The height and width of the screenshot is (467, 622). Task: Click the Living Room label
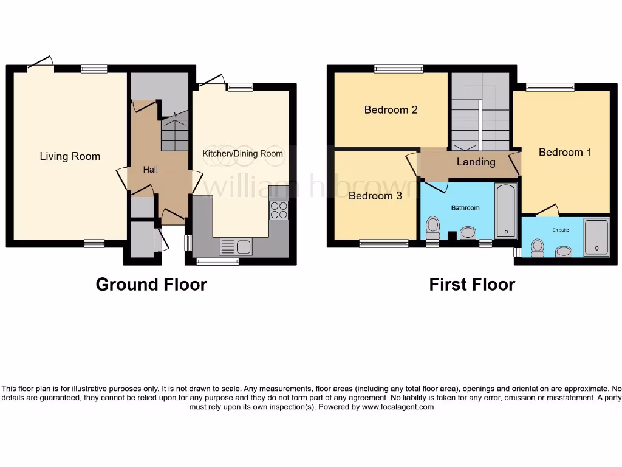(70, 156)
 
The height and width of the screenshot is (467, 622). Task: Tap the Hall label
(150, 170)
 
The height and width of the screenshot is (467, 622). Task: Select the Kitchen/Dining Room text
(243, 154)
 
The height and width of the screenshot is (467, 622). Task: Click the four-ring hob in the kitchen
(279, 210)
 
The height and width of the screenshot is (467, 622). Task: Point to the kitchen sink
(236, 247)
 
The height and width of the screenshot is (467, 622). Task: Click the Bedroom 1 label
(565, 152)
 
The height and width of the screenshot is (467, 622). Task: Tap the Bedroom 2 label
(391, 110)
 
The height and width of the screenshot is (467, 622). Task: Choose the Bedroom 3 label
(375, 196)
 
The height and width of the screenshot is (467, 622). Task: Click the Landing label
(476, 162)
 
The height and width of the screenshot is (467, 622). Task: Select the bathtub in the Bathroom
(505, 211)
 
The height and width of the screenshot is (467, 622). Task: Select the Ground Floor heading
(151, 284)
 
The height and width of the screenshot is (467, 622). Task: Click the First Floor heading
(472, 284)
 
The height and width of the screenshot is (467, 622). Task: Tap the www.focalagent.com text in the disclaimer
(398, 407)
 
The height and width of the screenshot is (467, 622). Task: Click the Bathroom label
(465, 208)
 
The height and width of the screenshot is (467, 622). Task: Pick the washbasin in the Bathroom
(468, 232)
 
